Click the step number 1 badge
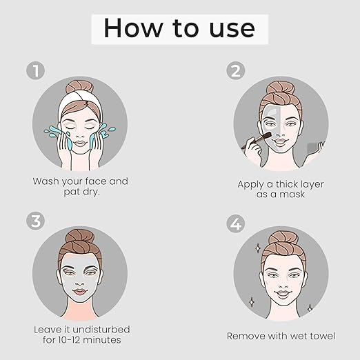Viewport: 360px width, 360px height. click(36, 70)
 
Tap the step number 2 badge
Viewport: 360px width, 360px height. click(236, 70)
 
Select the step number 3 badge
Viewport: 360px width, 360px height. click(35, 221)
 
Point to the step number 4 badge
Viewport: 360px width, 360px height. click(236, 223)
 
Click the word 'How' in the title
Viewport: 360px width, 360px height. click(133, 28)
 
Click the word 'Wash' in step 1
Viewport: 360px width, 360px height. click(46, 181)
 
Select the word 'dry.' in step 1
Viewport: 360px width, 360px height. click(91, 192)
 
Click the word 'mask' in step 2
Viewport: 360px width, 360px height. click(292, 194)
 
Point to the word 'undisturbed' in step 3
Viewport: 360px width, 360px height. click(101, 330)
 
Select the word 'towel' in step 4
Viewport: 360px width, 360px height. click(323, 336)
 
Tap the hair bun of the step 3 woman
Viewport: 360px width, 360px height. click(80, 239)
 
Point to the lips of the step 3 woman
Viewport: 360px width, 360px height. click(80, 292)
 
